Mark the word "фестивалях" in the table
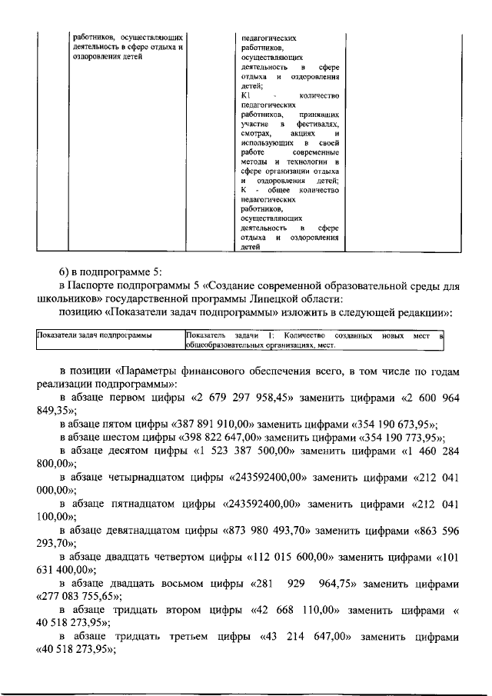coord(317,124)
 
